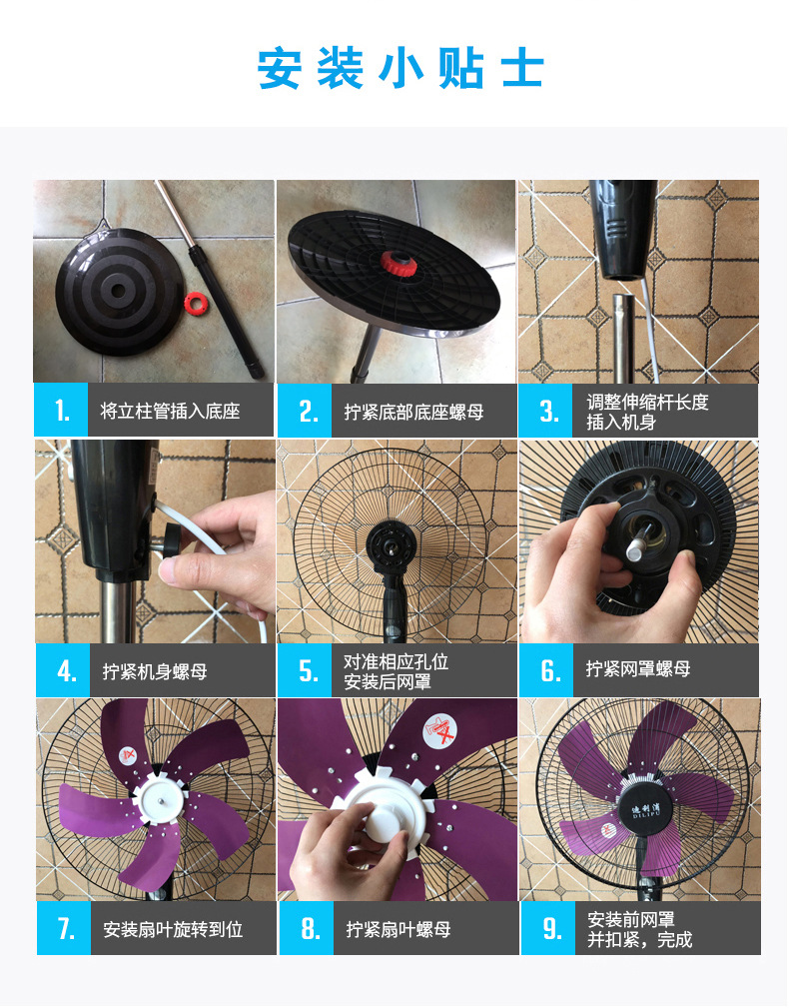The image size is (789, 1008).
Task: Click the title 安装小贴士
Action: (400, 69)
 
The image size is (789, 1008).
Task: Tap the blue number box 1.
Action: (61, 410)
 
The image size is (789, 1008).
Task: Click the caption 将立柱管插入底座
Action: (171, 411)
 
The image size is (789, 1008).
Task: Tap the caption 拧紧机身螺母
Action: (155, 670)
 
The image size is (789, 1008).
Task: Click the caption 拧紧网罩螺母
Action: (638, 669)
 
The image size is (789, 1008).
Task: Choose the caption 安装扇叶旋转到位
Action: (173, 929)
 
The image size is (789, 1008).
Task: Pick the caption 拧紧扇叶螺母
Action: (397, 929)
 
